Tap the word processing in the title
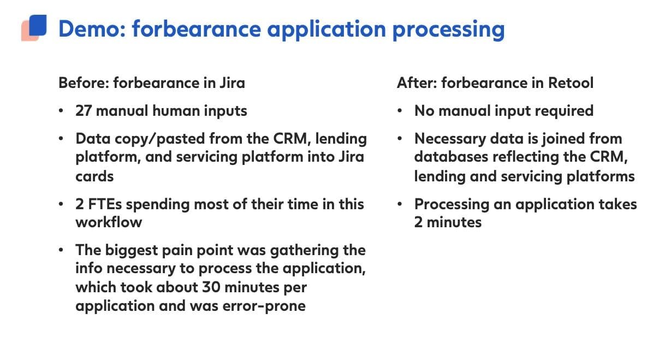tap(449, 30)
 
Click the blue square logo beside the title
tap(38, 25)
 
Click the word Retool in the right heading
tap(571, 82)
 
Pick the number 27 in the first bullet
tap(84, 111)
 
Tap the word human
tap(176, 111)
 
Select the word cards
tap(94, 176)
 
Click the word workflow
tap(109, 222)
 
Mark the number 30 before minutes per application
tap(211, 287)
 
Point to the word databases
tap(451, 157)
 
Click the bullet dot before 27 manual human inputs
tap(61, 111)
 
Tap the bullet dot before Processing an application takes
tap(400, 204)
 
